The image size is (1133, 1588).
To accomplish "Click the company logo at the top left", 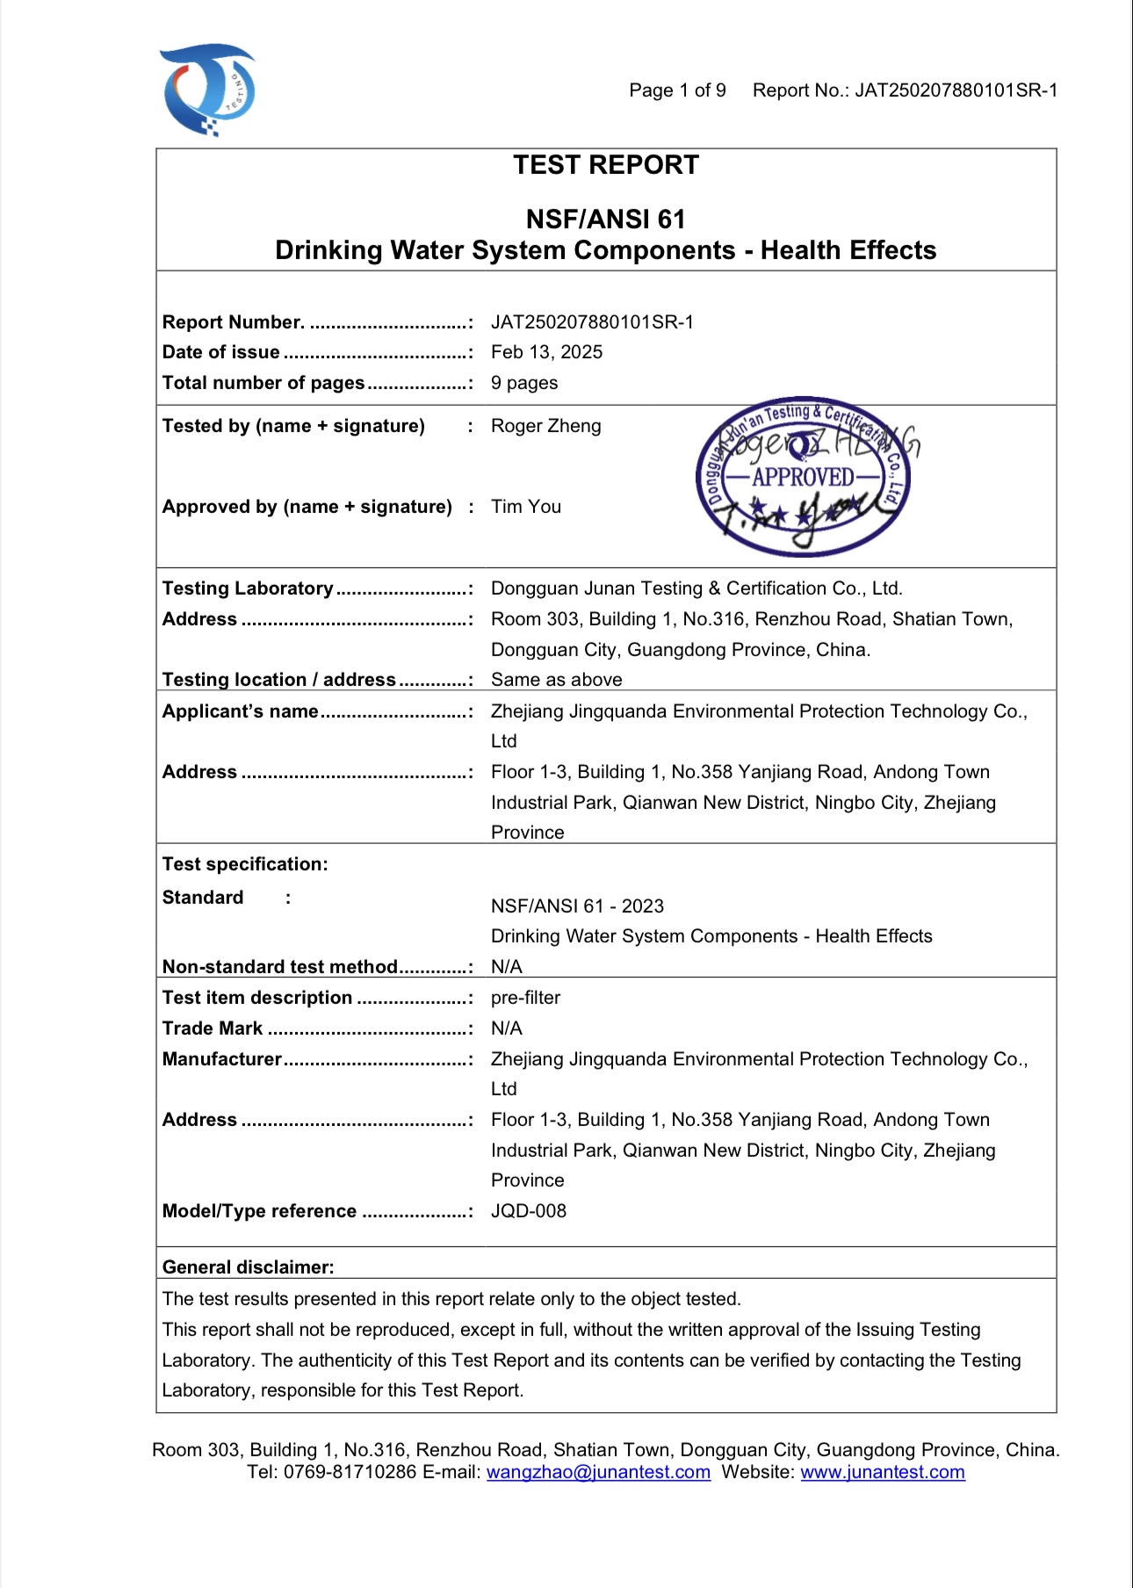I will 209,90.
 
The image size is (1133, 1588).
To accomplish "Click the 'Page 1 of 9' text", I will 677,90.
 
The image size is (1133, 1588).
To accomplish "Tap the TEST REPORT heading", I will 606,165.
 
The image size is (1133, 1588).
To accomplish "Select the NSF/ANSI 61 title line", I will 606,219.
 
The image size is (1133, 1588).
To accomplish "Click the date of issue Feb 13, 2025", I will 546,352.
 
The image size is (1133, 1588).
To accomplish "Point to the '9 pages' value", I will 524,383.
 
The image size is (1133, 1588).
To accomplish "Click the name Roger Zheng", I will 545,426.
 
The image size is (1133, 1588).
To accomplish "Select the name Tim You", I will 525,507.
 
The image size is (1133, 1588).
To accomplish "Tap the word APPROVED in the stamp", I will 803,477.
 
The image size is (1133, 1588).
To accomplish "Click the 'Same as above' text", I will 556,680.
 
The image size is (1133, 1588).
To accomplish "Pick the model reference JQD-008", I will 528,1211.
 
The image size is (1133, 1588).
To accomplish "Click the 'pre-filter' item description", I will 525,998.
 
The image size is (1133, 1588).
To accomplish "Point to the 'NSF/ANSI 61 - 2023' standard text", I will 577,906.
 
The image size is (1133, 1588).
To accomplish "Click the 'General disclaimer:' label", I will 248,1267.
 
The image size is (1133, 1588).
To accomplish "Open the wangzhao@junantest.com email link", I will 598,1472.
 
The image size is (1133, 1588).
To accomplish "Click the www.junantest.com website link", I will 882,1472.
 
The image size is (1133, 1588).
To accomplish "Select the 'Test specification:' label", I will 245,864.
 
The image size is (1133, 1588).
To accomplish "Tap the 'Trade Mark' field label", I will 213,1029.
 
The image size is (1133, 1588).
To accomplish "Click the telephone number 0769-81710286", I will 350,1472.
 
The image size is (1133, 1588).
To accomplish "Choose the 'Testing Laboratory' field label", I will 248,588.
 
